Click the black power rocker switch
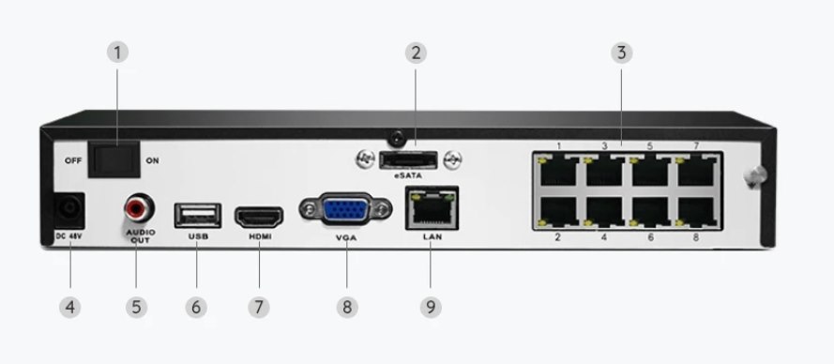pyautogui.click(x=113, y=158)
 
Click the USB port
pyautogui.click(x=198, y=214)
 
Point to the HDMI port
pyautogui.click(x=260, y=218)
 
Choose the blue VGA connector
pyautogui.click(x=345, y=209)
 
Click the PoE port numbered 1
pyautogui.click(x=560, y=172)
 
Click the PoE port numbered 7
pyautogui.click(x=696, y=172)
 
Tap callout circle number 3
pyautogui.click(x=620, y=52)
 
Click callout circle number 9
pyautogui.click(x=431, y=306)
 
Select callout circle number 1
pyautogui.click(x=117, y=52)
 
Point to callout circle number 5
pyautogui.click(x=138, y=306)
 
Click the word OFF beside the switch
pyautogui.click(x=72, y=160)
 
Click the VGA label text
pyautogui.click(x=346, y=240)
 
